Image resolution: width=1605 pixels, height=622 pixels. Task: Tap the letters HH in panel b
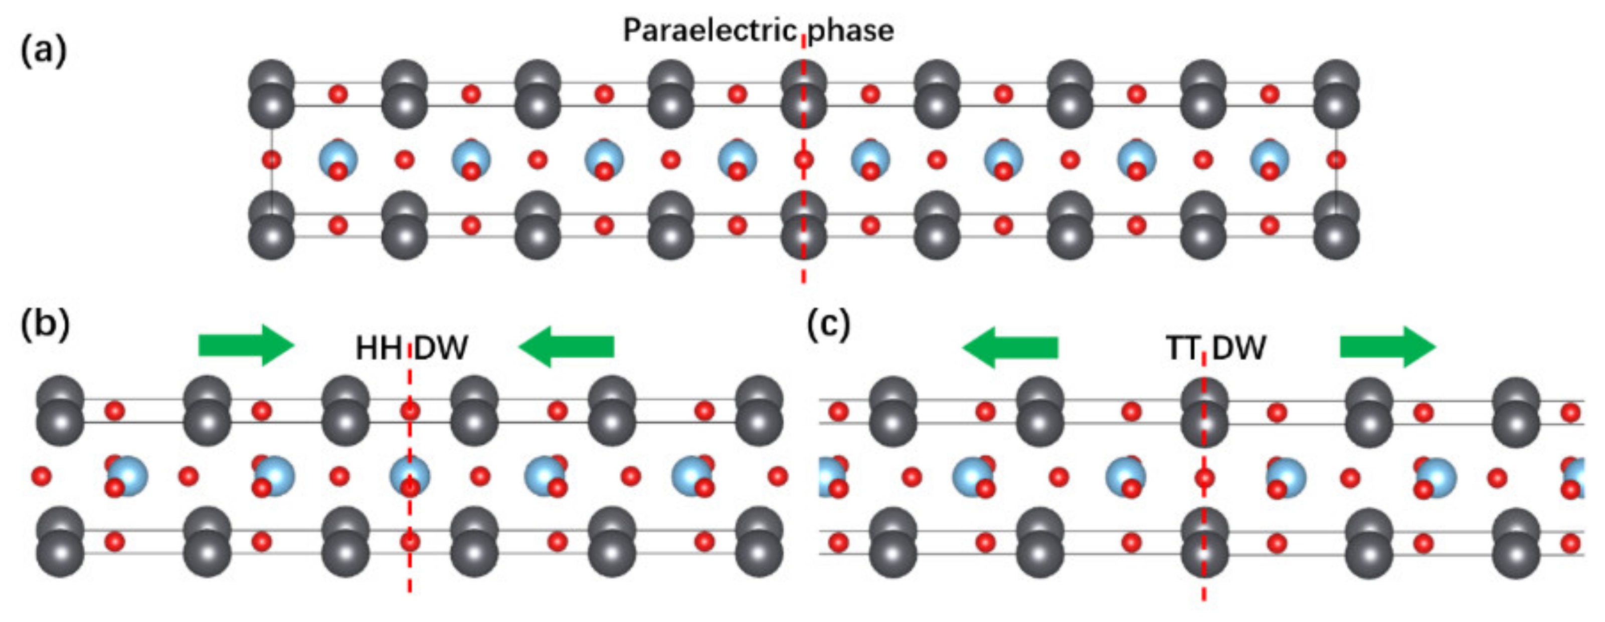(x=378, y=348)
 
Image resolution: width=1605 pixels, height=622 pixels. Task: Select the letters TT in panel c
(x=1182, y=348)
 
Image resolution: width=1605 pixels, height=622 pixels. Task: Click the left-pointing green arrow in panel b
(x=566, y=346)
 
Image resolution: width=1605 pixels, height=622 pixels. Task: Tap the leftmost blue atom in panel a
(x=338, y=158)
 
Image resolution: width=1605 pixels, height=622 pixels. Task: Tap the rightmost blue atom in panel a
(x=1269, y=158)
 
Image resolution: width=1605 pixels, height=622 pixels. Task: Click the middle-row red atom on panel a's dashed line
(x=804, y=160)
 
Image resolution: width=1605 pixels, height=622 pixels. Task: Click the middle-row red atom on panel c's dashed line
(x=1204, y=478)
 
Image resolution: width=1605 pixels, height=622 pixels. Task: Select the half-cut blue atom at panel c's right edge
(x=1576, y=476)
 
